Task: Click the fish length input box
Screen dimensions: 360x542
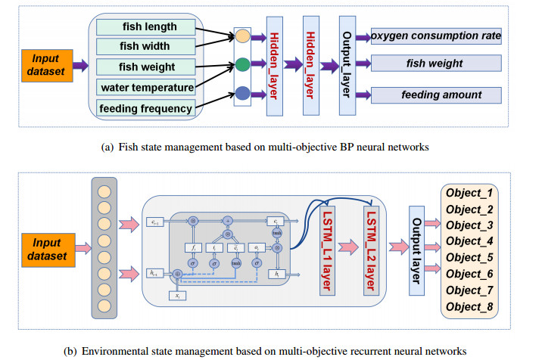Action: (145, 27)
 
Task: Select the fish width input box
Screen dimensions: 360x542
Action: (145, 47)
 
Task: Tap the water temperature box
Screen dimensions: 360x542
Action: (146, 88)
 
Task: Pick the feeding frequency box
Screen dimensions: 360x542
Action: (146, 108)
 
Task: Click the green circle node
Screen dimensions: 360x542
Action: (242, 65)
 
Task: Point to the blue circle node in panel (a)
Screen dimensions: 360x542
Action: (242, 94)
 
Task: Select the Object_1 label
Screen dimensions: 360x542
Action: (469, 194)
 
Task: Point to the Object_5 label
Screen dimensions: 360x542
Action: (469, 258)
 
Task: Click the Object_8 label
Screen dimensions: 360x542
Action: (469, 306)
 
